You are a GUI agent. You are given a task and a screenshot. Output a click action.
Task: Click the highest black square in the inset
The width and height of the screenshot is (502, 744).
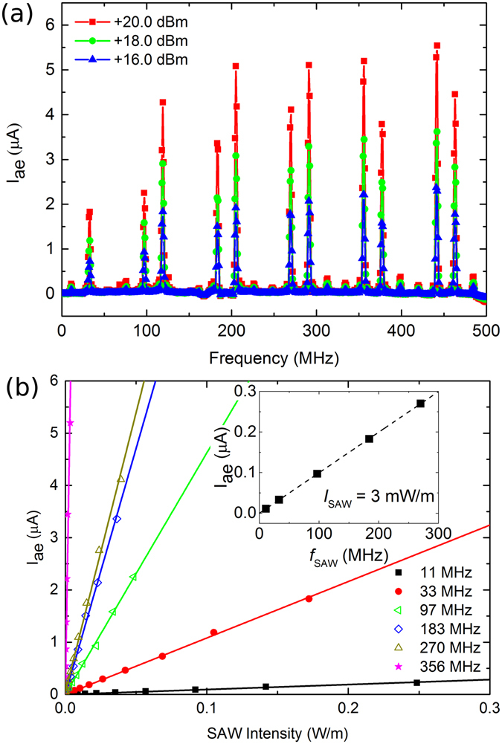point(420,404)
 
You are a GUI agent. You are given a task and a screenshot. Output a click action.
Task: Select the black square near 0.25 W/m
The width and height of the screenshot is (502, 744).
point(417,682)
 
